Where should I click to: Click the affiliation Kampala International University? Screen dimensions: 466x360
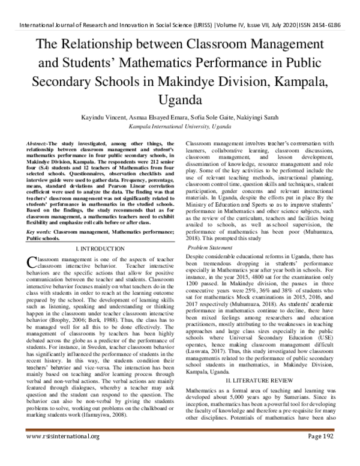[x=180, y=128]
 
